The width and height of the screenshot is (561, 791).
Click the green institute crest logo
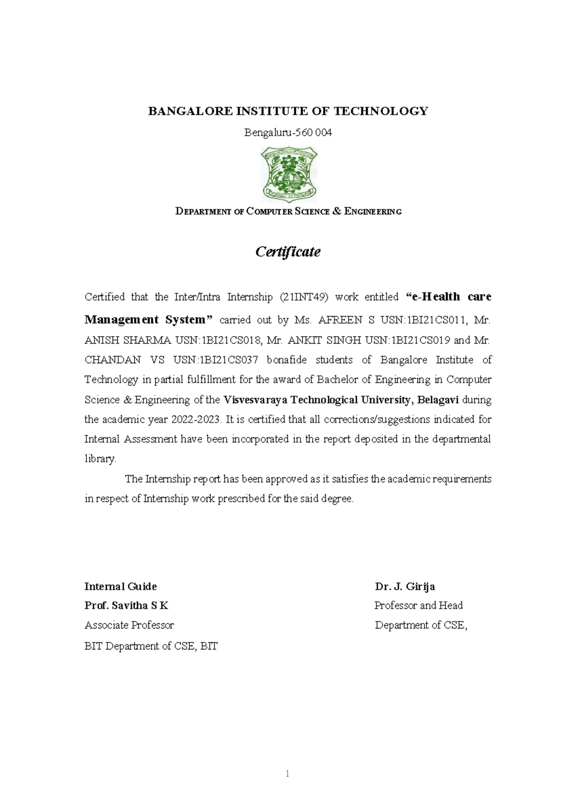point(288,174)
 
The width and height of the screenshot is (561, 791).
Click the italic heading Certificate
point(288,252)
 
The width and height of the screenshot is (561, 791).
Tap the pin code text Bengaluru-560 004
point(288,133)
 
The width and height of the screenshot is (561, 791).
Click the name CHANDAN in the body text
point(112,360)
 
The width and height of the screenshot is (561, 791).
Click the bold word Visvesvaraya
point(255,400)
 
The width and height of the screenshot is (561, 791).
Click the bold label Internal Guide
point(121,586)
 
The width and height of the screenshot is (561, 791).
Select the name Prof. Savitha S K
point(126,606)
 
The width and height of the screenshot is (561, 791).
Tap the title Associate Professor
point(129,625)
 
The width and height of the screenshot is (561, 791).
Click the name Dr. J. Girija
point(405,586)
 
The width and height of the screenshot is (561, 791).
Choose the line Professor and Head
point(418,606)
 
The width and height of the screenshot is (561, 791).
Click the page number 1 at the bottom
point(287,774)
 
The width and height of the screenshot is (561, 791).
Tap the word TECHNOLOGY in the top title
point(381,111)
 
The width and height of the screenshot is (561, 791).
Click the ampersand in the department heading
point(337,211)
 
